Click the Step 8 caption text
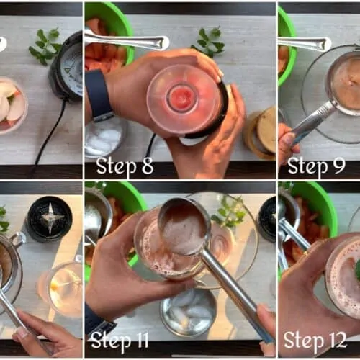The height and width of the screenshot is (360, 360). click(125, 166)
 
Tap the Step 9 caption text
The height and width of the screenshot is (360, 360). click(317, 166)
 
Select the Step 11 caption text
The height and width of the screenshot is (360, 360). click(120, 341)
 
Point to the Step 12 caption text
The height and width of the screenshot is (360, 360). click(315, 341)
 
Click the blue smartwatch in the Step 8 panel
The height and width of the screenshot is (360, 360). click(99, 95)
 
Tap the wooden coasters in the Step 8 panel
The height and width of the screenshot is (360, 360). click(260, 132)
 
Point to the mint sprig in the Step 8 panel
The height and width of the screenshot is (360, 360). click(208, 42)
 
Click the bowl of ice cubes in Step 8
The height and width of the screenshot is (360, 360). click(105, 137)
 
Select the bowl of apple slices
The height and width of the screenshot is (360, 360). click(12, 106)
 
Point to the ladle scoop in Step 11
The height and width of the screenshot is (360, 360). click(185, 227)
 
